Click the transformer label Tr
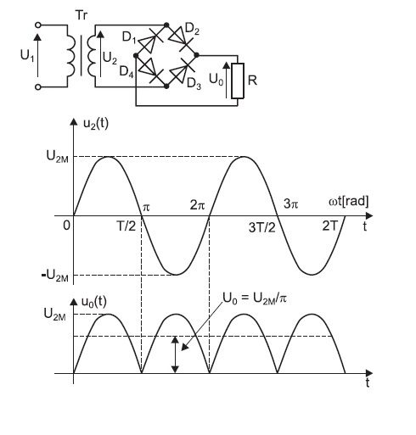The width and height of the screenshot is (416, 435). click(x=82, y=15)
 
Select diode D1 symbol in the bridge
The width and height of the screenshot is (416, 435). click(x=150, y=42)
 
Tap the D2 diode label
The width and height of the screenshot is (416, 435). click(x=192, y=30)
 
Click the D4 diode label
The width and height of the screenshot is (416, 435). click(x=126, y=71)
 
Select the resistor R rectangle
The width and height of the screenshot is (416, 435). click(x=238, y=81)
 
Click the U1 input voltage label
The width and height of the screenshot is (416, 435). click(x=27, y=55)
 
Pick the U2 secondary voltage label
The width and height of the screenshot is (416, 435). click(x=110, y=58)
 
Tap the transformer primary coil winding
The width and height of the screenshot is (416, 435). click(x=71, y=56)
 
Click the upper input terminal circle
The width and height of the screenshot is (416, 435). click(x=38, y=25)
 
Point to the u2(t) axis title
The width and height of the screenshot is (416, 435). click(x=96, y=124)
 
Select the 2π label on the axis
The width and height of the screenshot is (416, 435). click(x=197, y=204)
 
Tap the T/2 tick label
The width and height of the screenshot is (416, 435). click(x=126, y=226)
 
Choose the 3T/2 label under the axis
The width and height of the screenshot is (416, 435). click(x=262, y=227)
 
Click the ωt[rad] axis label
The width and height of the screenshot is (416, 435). click(x=349, y=202)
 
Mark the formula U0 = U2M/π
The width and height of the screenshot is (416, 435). click(x=255, y=298)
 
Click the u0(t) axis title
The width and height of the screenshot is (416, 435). click(x=94, y=303)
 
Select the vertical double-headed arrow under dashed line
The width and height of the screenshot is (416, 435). click(x=176, y=354)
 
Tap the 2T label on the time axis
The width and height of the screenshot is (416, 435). click(x=330, y=226)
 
